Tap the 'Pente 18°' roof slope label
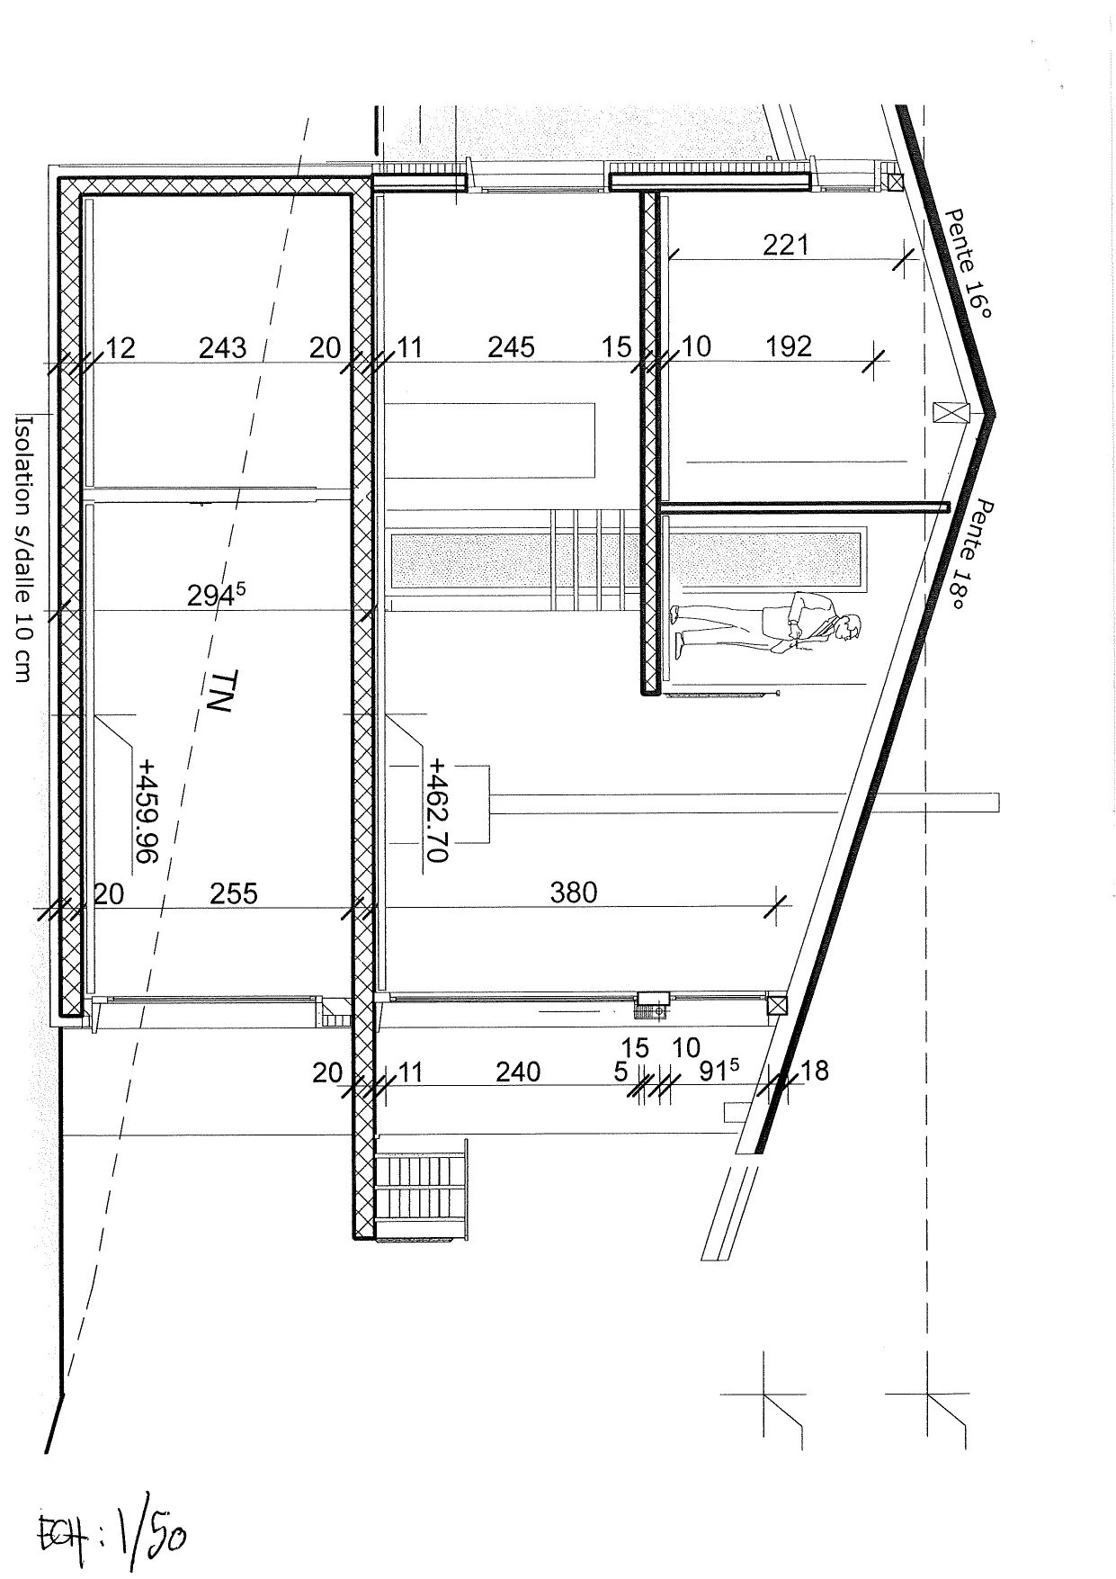pyautogui.click(x=970, y=555)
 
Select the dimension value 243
pyautogui.click(x=222, y=347)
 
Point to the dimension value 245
pyautogui.click(x=511, y=346)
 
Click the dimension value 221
pyautogui.click(x=785, y=245)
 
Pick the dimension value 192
pyautogui.click(x=789, y=346)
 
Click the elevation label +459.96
pyautogui.click(x=146, y=811)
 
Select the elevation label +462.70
pyautogui.click(x=437, y=811)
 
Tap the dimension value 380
pyautogui.click(x=573, y=893)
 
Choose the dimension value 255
pyautogui.click(x=234, y=893)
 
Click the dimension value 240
pyautogui.click(x=518, y=1072)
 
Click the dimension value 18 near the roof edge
pyautogui.click(x=814, y=1071)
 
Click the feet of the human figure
pyautogui.click(x=677, y=631)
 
